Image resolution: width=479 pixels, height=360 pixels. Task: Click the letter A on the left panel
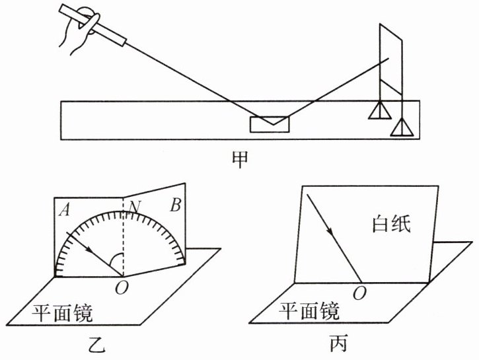(x=65, y=210)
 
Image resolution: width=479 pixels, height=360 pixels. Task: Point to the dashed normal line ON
(x=124, y=238)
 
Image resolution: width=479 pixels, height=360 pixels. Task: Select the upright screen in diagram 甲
(x=390, y=59)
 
